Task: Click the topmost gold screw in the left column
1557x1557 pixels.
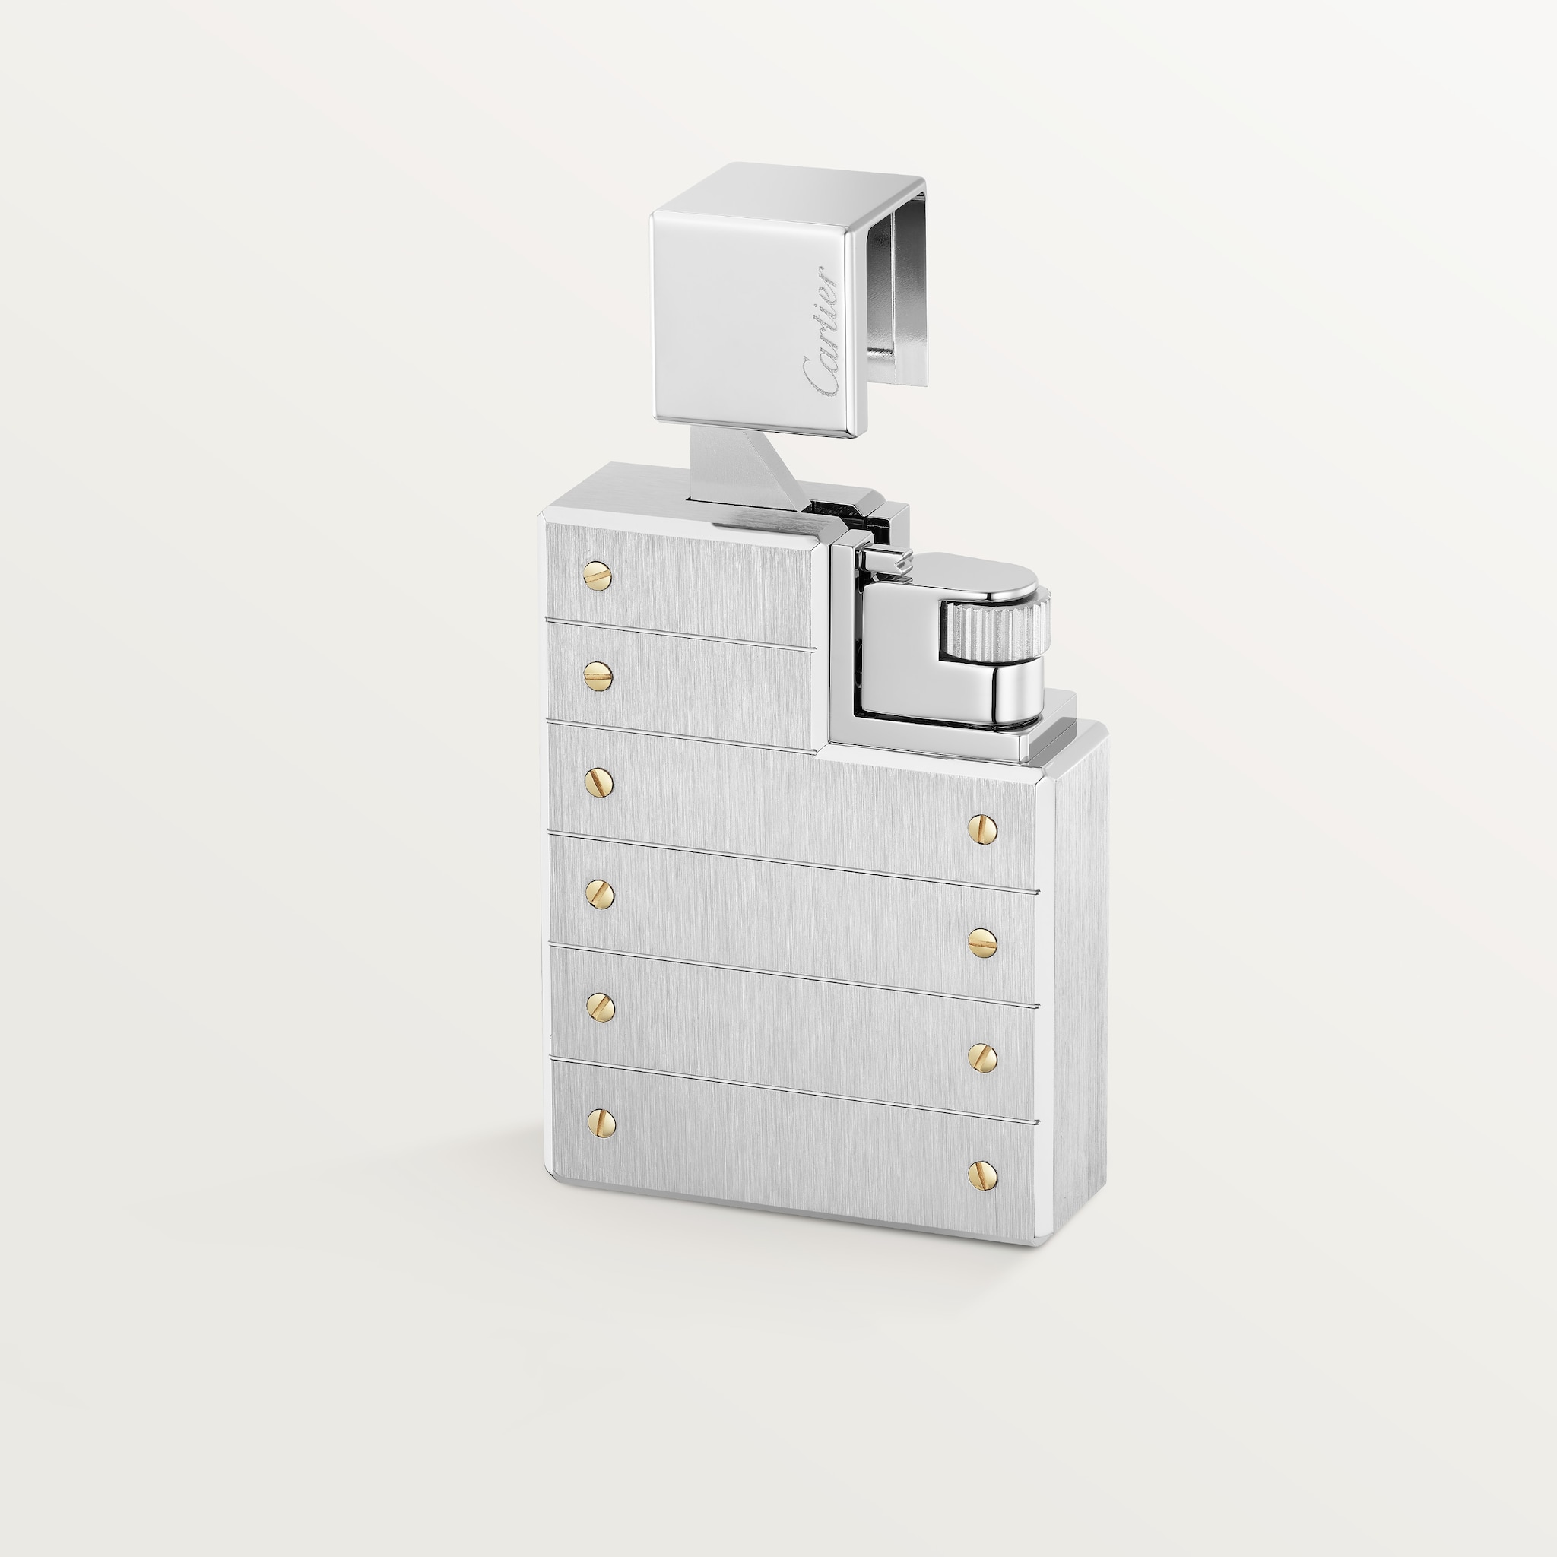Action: [597, 576]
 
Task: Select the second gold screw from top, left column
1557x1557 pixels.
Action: [597, 675]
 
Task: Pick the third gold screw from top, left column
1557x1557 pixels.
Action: [599, 781]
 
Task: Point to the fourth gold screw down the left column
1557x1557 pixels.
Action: [600, 893]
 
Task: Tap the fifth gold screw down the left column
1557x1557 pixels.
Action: [601, 1006]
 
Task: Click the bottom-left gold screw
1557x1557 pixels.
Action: [601, 1123]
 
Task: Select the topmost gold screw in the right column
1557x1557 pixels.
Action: [982, 828]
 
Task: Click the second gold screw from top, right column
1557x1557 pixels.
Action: [982, 942]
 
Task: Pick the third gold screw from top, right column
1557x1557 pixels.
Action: [982, 1057]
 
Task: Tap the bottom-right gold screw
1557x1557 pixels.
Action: [982, 1175]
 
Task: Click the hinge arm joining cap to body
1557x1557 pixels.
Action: [737, 468]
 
